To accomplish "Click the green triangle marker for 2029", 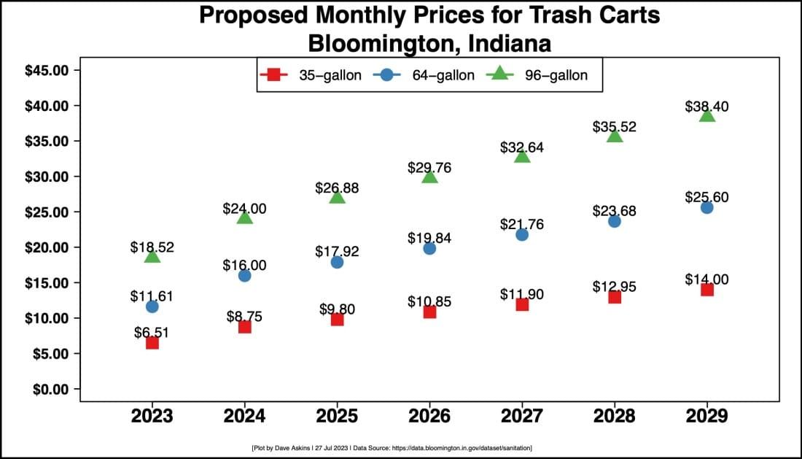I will (706, 115).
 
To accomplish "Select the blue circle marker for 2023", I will (152, 306).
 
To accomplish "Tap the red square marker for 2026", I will (429, 312).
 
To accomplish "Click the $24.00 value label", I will (244, 208).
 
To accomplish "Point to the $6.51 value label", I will (152, 332).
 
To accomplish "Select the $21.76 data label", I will (521, 224).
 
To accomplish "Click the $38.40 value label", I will (706, 106).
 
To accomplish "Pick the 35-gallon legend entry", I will (311, 74).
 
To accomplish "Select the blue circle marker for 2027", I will (522, 234).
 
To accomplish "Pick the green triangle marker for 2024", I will (244, 217).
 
